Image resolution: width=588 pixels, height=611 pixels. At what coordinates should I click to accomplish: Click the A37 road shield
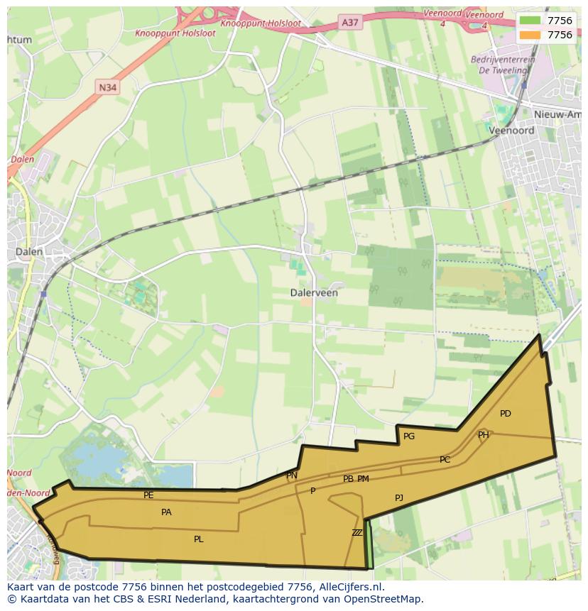[x=349, y=23]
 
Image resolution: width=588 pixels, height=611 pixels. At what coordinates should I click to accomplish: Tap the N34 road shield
[x=107, y=87]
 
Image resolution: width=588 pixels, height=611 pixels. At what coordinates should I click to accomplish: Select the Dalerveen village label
[x=314, y=292]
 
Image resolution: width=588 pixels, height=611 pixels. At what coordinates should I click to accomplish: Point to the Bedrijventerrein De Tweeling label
[x=503, y=65]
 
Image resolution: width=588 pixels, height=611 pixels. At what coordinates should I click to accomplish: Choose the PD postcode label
[x=505, y=414]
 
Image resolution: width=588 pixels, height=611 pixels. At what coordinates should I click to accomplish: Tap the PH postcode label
[x=483, y=435]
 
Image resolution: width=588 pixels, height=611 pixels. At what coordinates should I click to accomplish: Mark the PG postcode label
[x=409, y=436]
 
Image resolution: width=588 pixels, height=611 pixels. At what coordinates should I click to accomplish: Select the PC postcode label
[x=445, y=460]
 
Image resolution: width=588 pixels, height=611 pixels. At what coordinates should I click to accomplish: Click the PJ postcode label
[x=399, y=498]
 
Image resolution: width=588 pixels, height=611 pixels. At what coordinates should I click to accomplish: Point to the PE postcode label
[x=148, y=495]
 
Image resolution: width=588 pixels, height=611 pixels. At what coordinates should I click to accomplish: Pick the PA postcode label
[x=166, y=512]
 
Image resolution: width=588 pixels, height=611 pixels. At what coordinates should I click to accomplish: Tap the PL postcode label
[x=199, y=539]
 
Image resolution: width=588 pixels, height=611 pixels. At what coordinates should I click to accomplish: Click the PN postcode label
[x=292, y=475]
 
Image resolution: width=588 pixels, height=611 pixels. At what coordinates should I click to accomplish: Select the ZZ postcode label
[x=356, y=532]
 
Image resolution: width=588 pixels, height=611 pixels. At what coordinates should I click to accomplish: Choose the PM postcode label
[x=363, y=479]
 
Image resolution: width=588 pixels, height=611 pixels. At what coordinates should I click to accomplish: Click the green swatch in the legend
[x=530, y=21]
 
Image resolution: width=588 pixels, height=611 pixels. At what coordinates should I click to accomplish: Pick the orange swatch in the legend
[x=530, y=35]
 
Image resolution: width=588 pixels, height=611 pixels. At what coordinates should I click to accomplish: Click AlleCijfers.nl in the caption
[x=348, y=587]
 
